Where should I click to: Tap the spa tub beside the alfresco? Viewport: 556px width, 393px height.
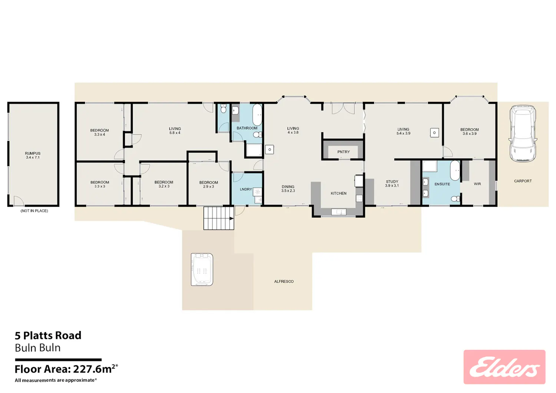pyautogui.click(x=202, y=269)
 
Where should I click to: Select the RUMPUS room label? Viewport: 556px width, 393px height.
pyautogui.click(x=33, y=153)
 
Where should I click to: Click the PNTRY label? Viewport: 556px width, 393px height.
pyautogui.click(x=344, y=152)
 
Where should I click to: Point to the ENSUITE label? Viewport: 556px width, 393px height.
pyautogui.click(x=442, y=184)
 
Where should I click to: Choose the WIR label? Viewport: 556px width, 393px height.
pyautogui.click(x=477, y=184)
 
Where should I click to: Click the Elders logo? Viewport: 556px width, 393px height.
pyautogui.click(x=504, y=367)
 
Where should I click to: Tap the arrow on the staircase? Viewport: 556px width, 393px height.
pyautogui.click(x=231, y=219)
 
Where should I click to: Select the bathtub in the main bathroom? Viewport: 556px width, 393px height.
pyautogui.click(x=257, y=114)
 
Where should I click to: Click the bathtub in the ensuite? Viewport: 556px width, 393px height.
pyautogui.click(x=455, y=170)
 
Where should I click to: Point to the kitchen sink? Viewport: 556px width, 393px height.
pyautogui.click(x=338, y=212)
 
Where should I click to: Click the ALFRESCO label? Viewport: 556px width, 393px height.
pyautogui.click(x=284, y=282)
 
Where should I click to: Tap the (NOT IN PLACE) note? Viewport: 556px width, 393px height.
pyautogui.click(x=34, y=211)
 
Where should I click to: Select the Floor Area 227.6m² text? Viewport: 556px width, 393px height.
pyautogui.click(x=66, y=369)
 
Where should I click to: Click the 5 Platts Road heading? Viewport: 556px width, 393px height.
pyautogui.click(x=48, y=336)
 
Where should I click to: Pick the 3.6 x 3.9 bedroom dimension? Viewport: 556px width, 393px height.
pyautogui.click(x=469, y=133)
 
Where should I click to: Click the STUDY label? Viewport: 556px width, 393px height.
pyautogui.click(x=392, y=181)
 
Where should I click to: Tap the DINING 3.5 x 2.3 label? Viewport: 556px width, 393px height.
pyautogui.click(x=288, y=189)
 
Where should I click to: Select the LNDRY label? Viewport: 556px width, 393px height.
pyautogui.click(x=246, y=189)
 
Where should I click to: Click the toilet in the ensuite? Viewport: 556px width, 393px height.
pyautogui.click(x=455, y=199)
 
